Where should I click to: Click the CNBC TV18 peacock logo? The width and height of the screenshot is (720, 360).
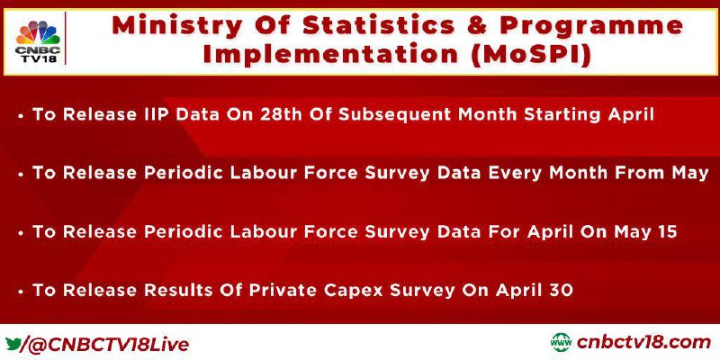pos(38,41)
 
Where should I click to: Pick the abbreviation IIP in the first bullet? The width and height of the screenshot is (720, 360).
pos(155,114)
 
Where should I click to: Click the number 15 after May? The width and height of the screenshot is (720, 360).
pos(667,231)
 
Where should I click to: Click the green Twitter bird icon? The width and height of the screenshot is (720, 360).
pos(13,343)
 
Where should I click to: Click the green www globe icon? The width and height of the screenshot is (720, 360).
pos(560,343)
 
